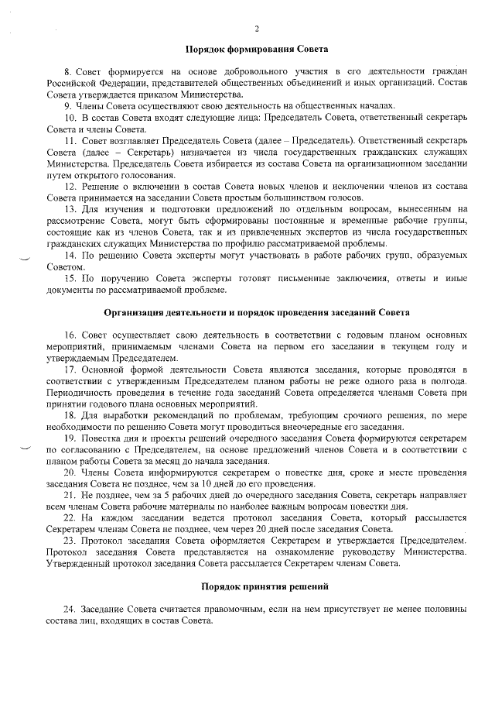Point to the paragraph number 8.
67,71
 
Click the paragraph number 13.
70,210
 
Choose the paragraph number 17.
70,369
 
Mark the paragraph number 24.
70,610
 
